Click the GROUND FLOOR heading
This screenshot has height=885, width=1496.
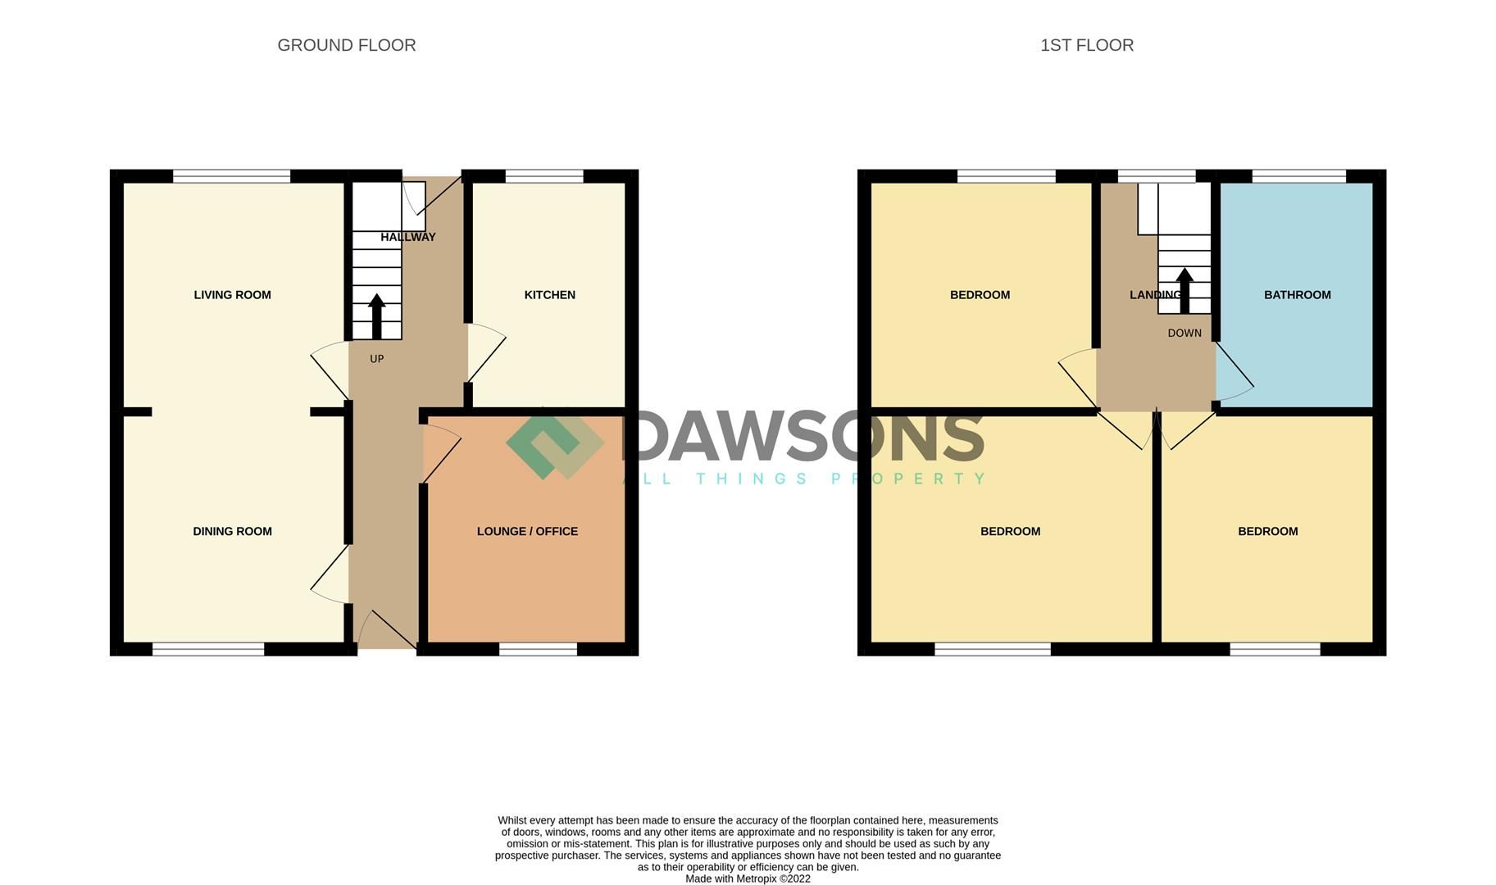347,46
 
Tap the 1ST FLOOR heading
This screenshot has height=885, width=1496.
1086,46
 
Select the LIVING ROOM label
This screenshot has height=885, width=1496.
232,295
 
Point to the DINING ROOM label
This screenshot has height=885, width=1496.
232,531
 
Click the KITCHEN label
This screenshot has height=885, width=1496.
549,295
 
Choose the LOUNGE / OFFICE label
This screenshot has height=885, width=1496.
527,531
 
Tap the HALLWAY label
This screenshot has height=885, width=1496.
407,237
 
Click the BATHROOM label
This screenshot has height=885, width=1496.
1297,295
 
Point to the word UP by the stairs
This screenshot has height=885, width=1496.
376,359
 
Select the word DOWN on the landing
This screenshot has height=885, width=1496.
1184,334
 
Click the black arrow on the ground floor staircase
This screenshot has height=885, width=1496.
376,315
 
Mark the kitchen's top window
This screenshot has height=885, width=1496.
543,175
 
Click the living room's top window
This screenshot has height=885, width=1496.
231,175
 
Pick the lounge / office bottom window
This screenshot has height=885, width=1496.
538,649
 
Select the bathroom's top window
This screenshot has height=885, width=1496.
1298,175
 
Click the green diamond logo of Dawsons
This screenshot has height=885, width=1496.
554,443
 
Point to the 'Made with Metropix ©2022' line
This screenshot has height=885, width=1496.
748,878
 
